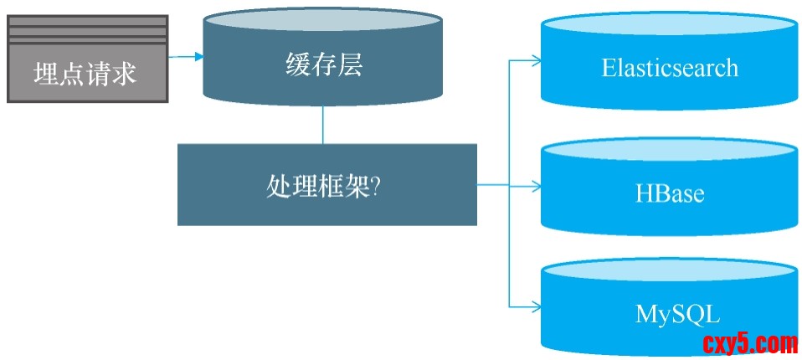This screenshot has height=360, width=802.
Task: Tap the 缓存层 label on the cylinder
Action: point(323,65)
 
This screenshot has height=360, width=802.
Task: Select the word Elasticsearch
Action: point(670,67)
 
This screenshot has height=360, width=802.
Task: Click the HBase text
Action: point(669,193)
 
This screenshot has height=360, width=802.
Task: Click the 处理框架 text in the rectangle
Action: point(316,186)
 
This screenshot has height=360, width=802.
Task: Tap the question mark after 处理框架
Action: point(375,186)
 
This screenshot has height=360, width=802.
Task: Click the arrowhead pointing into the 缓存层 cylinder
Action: point(199,57)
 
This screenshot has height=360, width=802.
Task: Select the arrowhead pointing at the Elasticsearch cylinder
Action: point(537,60)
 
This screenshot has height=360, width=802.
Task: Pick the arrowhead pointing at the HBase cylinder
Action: point(537,185)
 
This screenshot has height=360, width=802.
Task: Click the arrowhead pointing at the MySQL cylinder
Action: point(537,306)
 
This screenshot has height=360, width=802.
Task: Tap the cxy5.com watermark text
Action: point(750,343)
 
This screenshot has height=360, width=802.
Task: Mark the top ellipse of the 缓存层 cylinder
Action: point(322,21)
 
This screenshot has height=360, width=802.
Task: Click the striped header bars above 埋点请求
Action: point(87,31)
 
